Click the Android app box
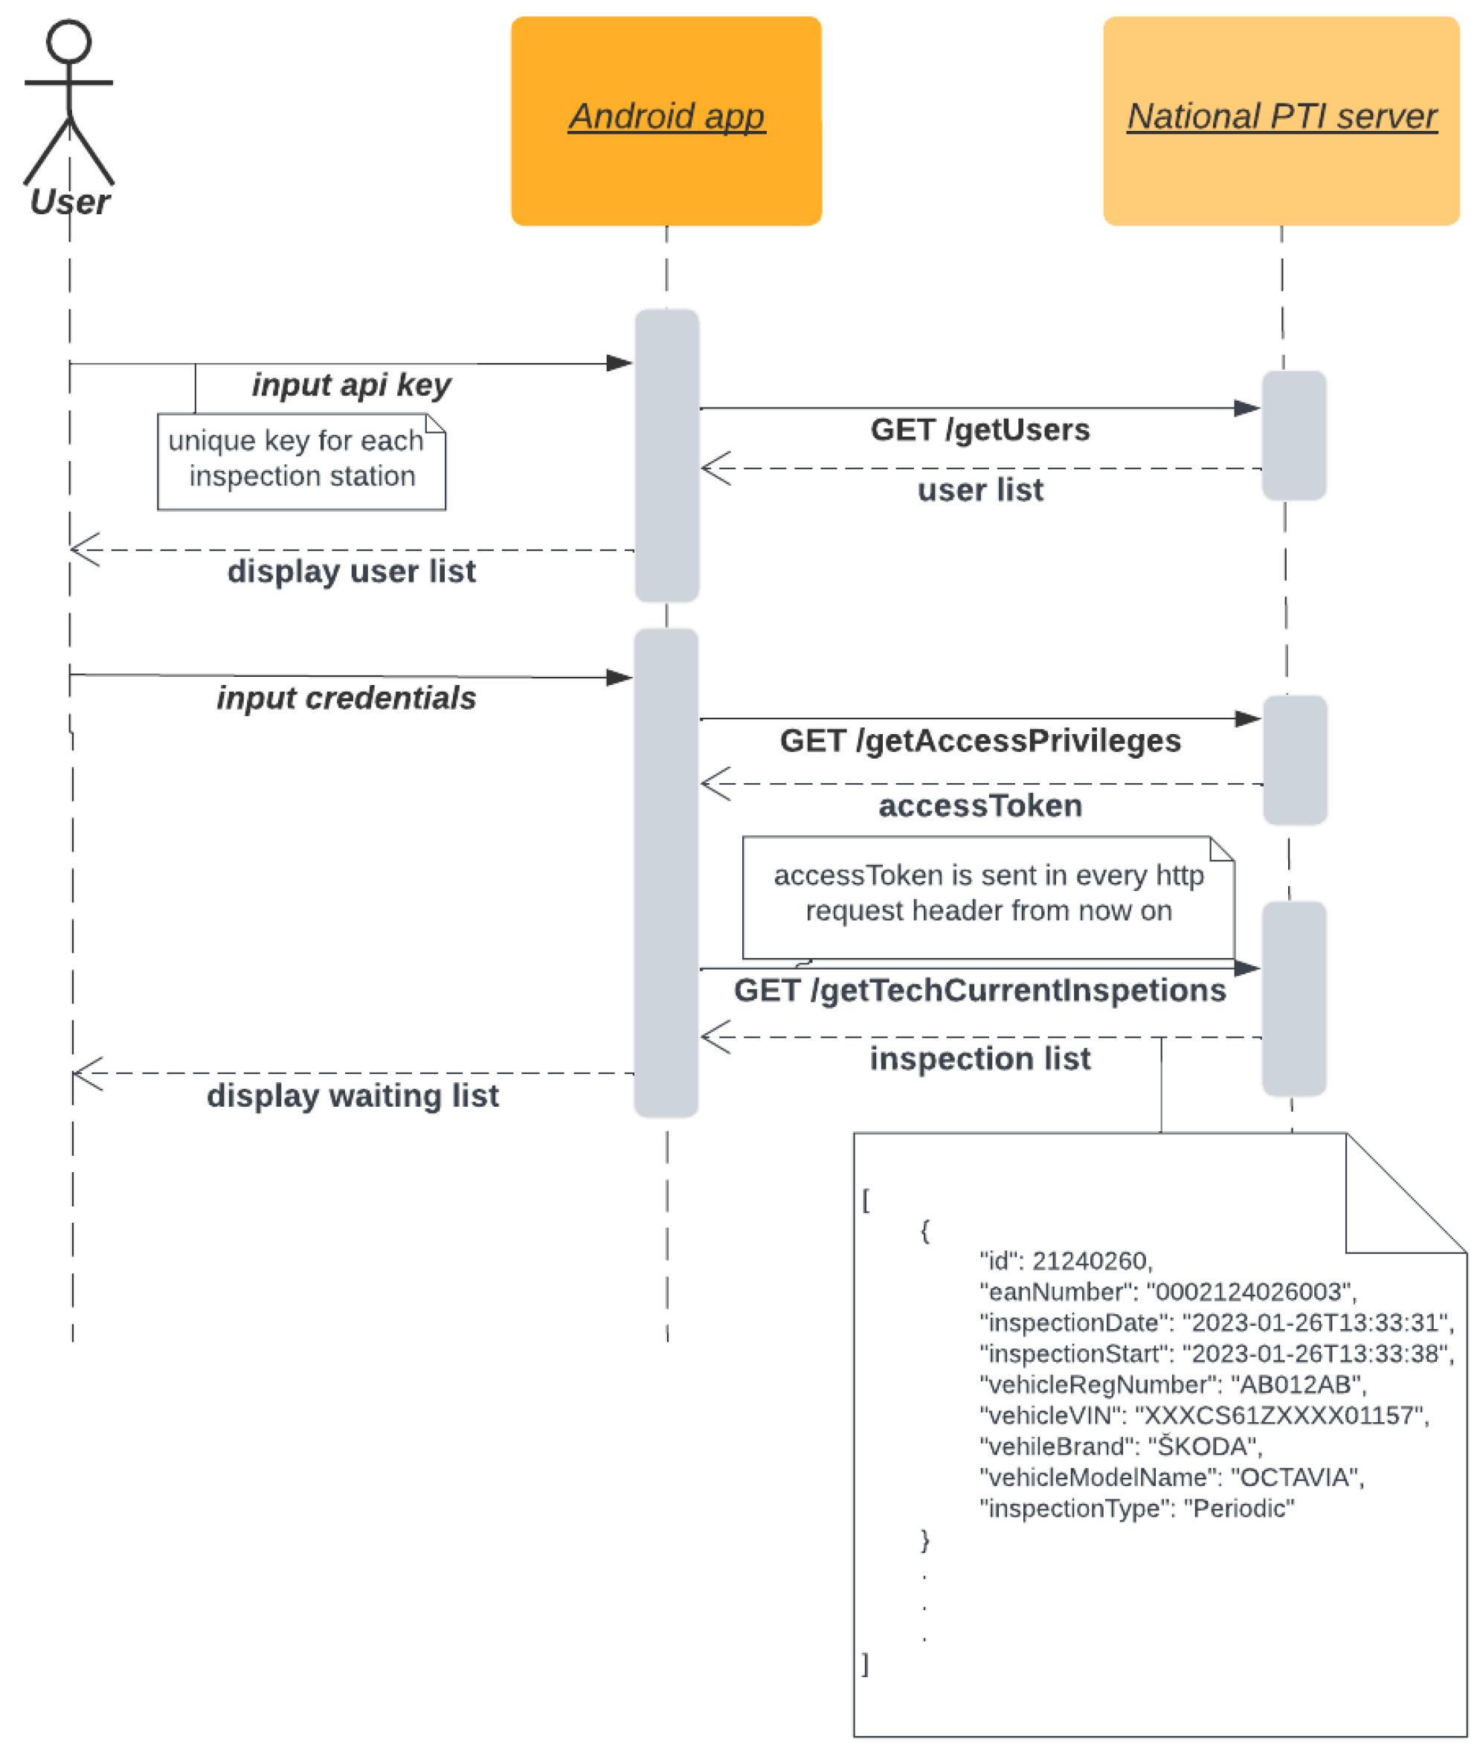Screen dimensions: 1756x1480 click(666, 120)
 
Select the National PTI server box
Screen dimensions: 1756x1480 click(1281, 120)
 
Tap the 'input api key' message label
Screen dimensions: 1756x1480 click(351, 385)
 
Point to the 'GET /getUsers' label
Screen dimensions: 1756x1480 click(980, 430)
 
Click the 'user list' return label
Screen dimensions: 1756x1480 click(980, 490)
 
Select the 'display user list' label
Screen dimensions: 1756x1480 click(351, 571)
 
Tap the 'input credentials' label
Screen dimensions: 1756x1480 click(346, 698)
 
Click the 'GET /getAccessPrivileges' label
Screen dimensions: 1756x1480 click(980, 741)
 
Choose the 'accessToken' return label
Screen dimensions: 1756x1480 click(980, 805)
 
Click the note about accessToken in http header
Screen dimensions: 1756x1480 click(988, 893)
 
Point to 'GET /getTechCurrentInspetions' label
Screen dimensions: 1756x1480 click(980, 990)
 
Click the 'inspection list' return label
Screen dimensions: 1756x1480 click(980, 1059)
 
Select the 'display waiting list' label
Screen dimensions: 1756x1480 click(353, 1096)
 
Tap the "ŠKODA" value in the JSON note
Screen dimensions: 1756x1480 click(1203, 1447)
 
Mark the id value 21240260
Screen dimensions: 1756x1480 click(1091, 1261)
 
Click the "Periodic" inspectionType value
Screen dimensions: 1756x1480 click(1238, 1509)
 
